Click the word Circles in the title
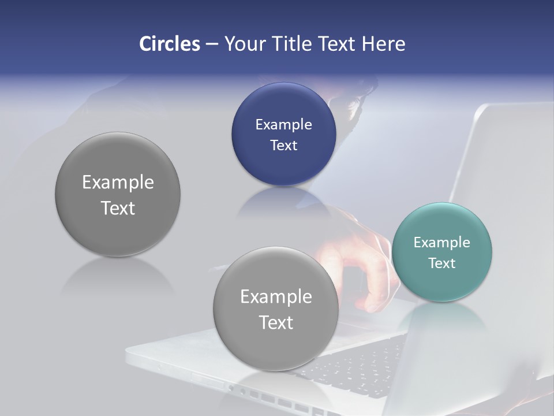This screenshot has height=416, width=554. tap(169, 44)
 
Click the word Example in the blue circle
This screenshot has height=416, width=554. tap(283, 124)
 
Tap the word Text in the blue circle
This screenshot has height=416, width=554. tap(283, 145)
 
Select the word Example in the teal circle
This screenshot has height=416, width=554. tap(441, 242)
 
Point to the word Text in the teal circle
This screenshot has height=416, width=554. tap(442, 263)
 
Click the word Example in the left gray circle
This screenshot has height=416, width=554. tap(118, 182)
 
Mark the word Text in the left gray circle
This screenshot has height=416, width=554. tap(118, 208)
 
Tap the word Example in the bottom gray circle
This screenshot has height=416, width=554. tap(276, 296)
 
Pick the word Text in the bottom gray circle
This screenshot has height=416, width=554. tap(276, 322)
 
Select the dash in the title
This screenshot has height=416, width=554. tap(211, 44)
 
